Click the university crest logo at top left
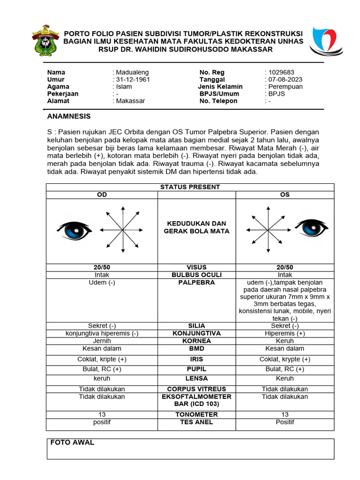(45, 40)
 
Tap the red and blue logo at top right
(324, 41)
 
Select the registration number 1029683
(281, 72)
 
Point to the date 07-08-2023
(284, 80)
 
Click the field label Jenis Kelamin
(220, 87)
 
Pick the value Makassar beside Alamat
(130, 101)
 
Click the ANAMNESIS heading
(69, 116)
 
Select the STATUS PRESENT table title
(190, 187)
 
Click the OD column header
(102, 195)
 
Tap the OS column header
(285, 195)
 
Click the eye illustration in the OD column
(74, 230)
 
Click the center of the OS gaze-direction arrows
(268, 230)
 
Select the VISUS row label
(196, 267)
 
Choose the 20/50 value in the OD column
(102, 267)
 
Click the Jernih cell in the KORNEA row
(102, 341)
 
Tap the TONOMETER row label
(196, 414)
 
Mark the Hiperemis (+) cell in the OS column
(285, 333)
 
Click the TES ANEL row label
(196, 422)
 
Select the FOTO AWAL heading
(72, 442)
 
